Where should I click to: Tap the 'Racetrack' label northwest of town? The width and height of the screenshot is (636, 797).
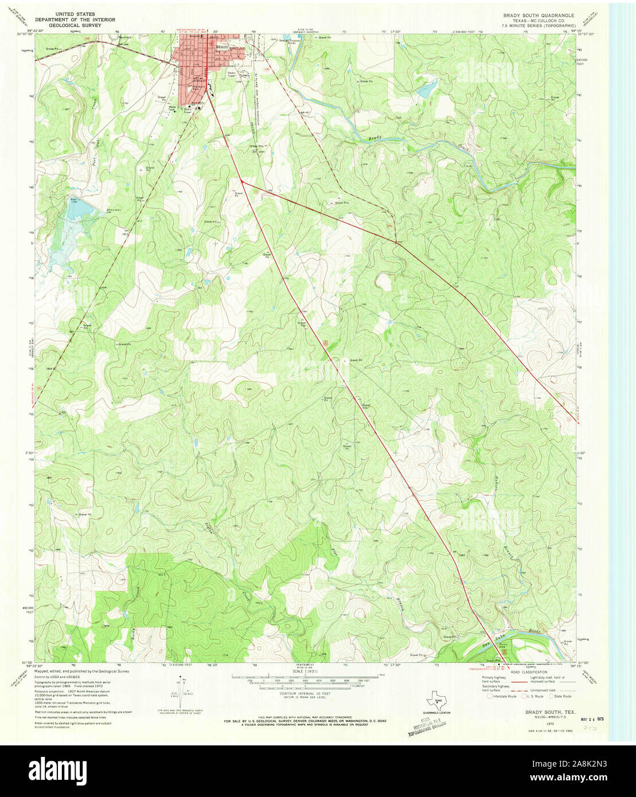[x=125, y=37]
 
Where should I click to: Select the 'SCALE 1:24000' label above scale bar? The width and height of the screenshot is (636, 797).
[x=303, y=671]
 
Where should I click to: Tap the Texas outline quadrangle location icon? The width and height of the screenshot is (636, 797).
[x=438, y=701]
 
